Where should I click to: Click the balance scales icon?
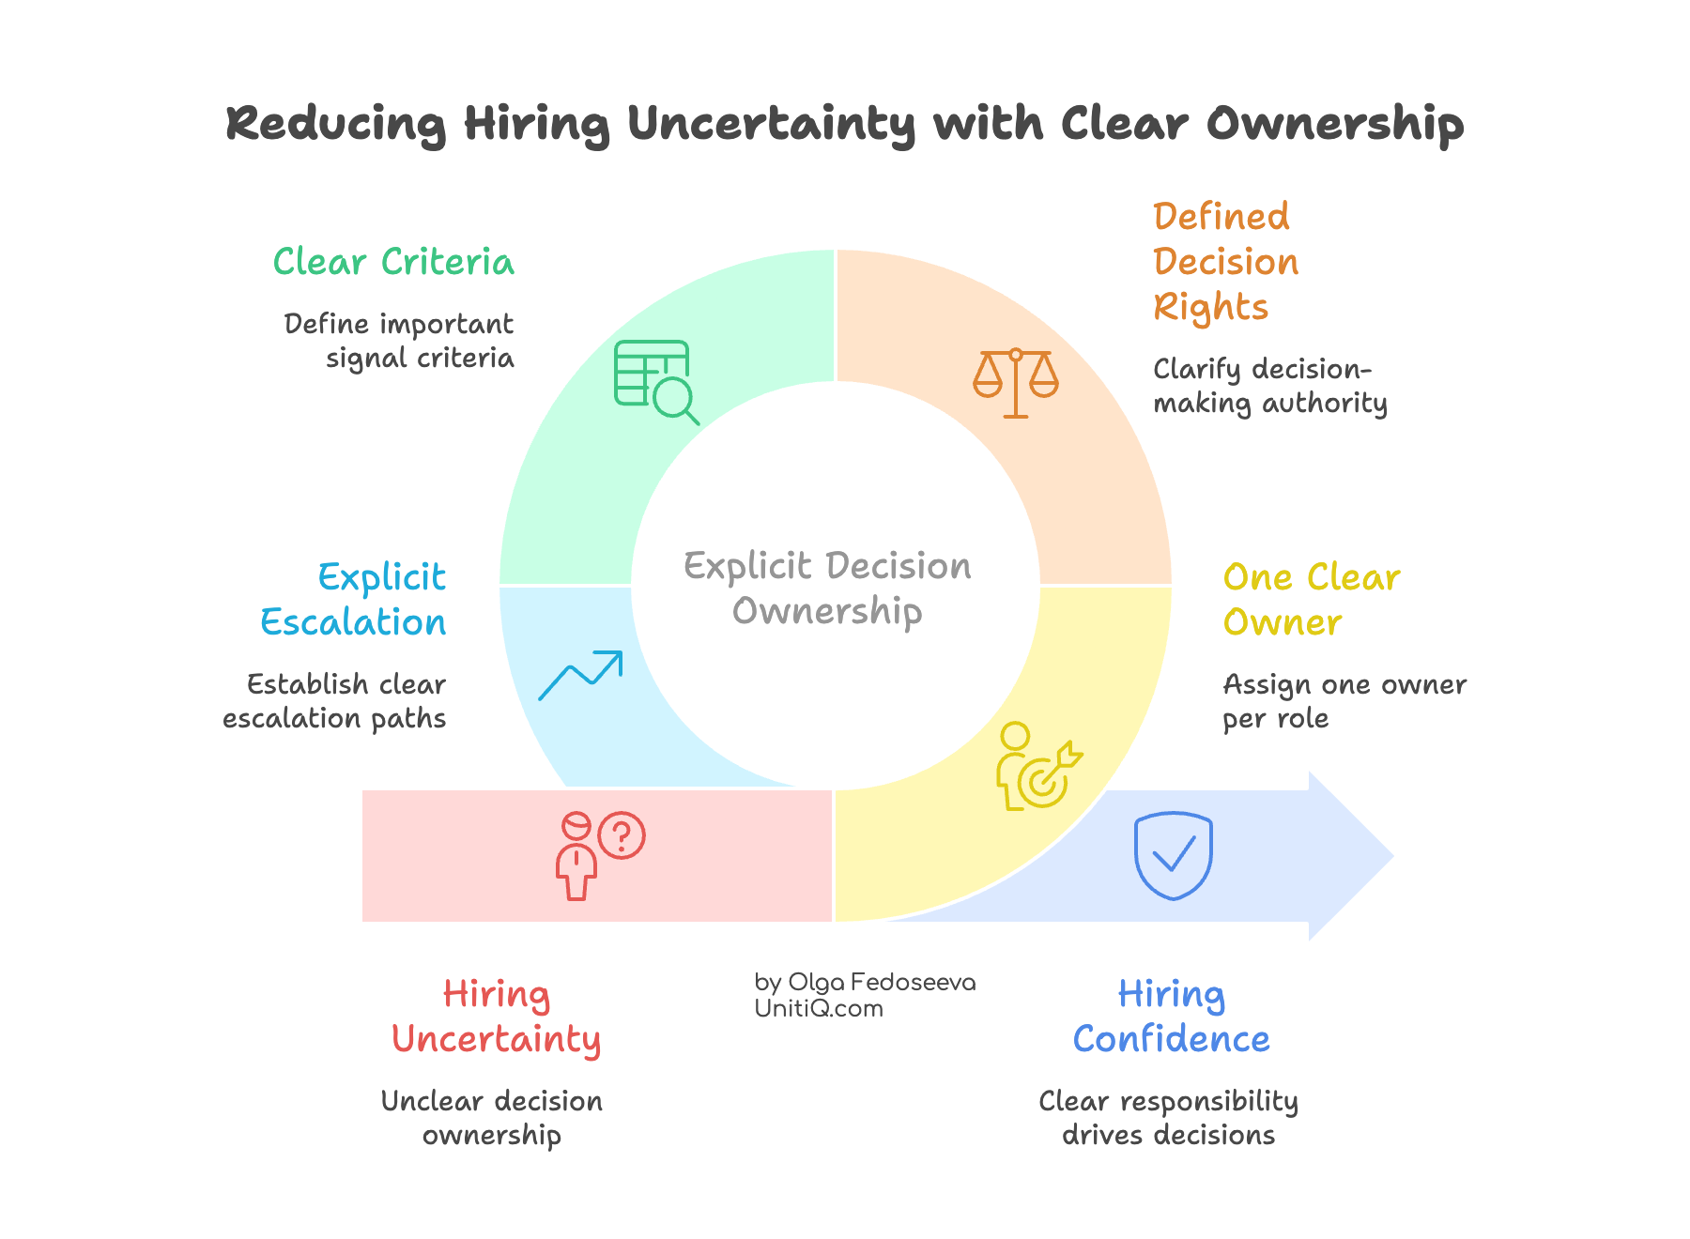coord(1016,383)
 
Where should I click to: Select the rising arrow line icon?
coord(580,675)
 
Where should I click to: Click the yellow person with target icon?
coord(1037,767)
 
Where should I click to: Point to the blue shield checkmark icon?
coord(1173,855)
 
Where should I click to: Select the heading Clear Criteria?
coord(393,262)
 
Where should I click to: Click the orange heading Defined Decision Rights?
coord(1225,262)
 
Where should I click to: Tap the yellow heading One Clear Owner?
coord(1311,600)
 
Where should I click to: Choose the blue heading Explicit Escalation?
coord(354,600)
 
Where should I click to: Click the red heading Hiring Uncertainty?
coord(496,1017)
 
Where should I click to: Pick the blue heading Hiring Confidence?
coord(1171,1017)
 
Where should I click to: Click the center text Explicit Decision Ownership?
coord(827,589)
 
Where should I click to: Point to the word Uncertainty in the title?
coord(770,124)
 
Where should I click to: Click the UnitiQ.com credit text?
coord(819,1009)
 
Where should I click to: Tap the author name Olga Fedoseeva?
coord(882,983)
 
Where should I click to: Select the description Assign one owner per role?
coord(1344,701)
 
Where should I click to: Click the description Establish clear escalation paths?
coord(335,701)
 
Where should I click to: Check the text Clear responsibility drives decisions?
coord(1168,1118)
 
